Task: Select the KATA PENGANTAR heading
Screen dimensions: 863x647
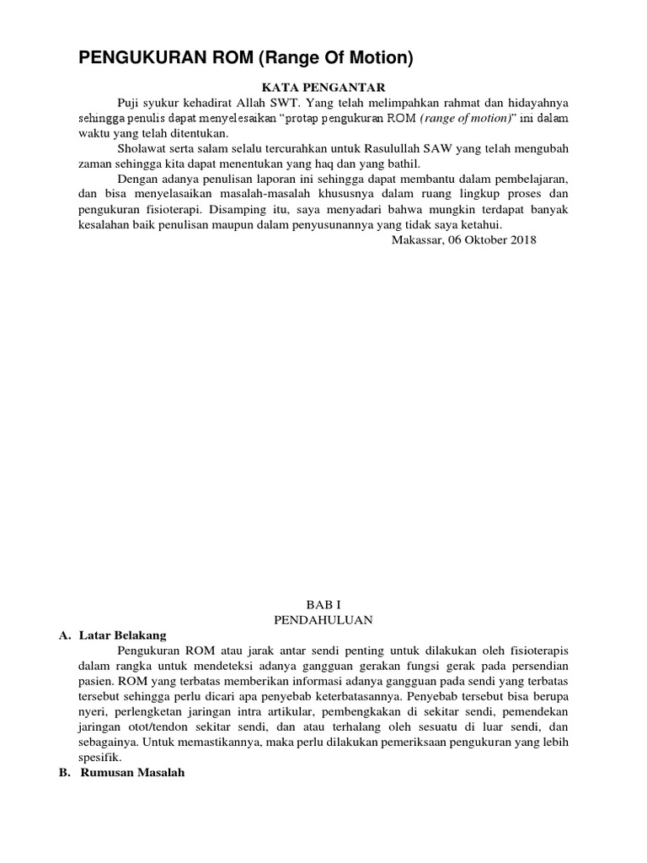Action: point(323,87)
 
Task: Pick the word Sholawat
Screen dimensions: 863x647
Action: point(143,148)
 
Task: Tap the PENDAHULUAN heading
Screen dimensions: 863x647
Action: point(323,619)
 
